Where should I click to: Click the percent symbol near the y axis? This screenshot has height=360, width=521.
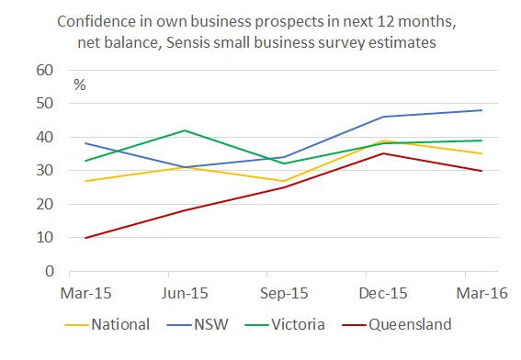pos(79,84)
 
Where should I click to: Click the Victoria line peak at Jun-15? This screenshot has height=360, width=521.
pos(185,130)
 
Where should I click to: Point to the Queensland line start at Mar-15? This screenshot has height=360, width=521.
pos(86,238)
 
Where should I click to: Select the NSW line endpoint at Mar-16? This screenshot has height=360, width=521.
pos(482,110)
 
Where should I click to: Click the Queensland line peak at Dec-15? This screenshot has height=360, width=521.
pos(382,153)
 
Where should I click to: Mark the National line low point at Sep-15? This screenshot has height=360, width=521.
pos(284,181)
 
